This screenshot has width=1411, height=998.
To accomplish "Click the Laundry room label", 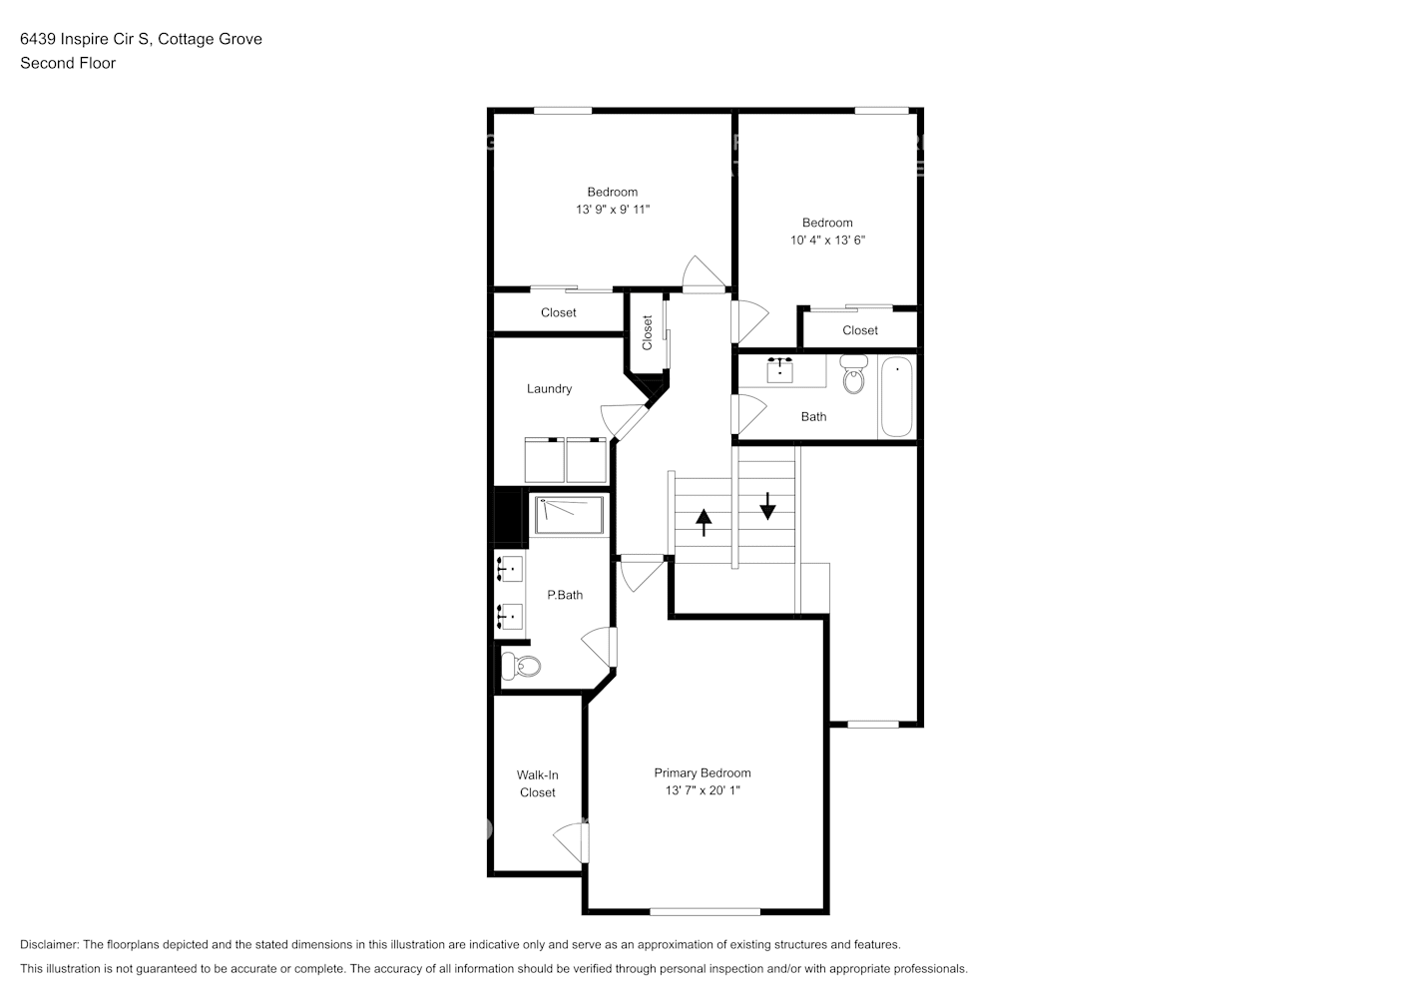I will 549,389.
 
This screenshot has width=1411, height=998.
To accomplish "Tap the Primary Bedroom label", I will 703,772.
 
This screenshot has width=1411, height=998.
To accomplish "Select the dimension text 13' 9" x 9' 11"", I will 613,210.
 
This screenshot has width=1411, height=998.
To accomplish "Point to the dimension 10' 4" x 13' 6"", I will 827,241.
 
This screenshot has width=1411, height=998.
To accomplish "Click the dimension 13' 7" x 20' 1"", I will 703,790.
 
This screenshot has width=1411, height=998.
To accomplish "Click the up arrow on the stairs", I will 704,521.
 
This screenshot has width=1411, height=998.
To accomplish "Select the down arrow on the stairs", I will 767,505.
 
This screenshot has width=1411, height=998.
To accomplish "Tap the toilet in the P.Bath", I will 520,665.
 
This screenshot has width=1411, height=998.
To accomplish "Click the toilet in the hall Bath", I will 853,375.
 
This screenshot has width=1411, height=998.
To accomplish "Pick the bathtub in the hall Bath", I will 896,396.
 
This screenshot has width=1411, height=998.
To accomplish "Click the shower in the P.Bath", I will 569,515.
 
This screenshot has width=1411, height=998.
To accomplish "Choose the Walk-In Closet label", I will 537,783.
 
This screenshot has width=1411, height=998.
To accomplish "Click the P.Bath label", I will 565,595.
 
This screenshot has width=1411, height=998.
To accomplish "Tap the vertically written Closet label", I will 647,332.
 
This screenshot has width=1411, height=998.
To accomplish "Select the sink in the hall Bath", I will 780,369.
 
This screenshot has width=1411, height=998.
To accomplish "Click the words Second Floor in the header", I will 68,63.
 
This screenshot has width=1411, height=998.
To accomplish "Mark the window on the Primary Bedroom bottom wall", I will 705,911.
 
